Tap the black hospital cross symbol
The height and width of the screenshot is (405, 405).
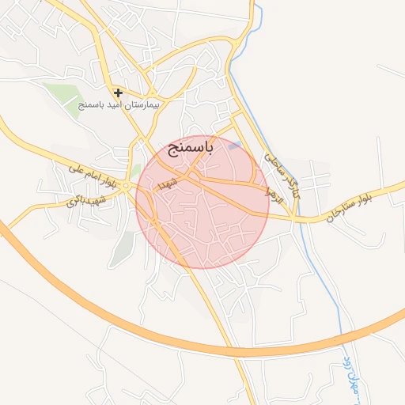[x=118, y=93]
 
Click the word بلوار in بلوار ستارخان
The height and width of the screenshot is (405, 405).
[x=381, y=195]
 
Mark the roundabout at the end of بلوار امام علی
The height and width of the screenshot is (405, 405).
[x=127, y=186]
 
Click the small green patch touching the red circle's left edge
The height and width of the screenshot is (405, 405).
[x=135, y=169]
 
